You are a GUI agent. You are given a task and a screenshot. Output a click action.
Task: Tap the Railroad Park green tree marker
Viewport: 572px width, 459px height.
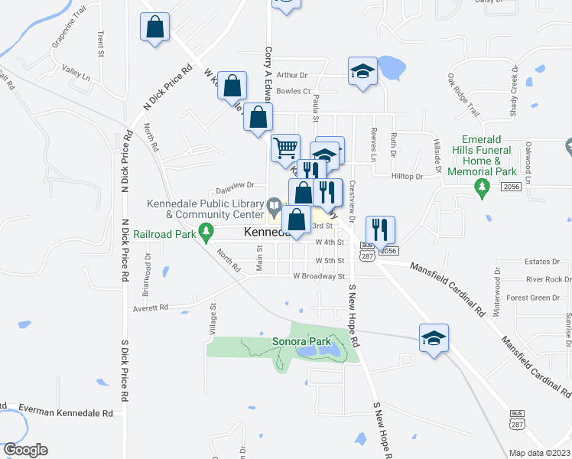click(205, 229)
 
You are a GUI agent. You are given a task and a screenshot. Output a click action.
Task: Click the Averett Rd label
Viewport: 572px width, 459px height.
click(149, 308)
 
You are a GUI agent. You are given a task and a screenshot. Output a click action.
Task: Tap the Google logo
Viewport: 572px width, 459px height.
click(24, 449)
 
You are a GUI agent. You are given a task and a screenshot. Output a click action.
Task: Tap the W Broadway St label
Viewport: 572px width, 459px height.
click(320, 276)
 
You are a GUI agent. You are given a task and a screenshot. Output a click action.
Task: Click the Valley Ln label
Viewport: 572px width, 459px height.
click(76, 73)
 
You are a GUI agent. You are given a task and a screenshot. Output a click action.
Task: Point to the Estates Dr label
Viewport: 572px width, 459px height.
click(544, 262)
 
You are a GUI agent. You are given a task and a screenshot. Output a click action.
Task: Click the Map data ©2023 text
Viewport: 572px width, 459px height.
click(539, 453)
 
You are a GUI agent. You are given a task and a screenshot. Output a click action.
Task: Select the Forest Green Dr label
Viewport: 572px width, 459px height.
click(533, 298)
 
